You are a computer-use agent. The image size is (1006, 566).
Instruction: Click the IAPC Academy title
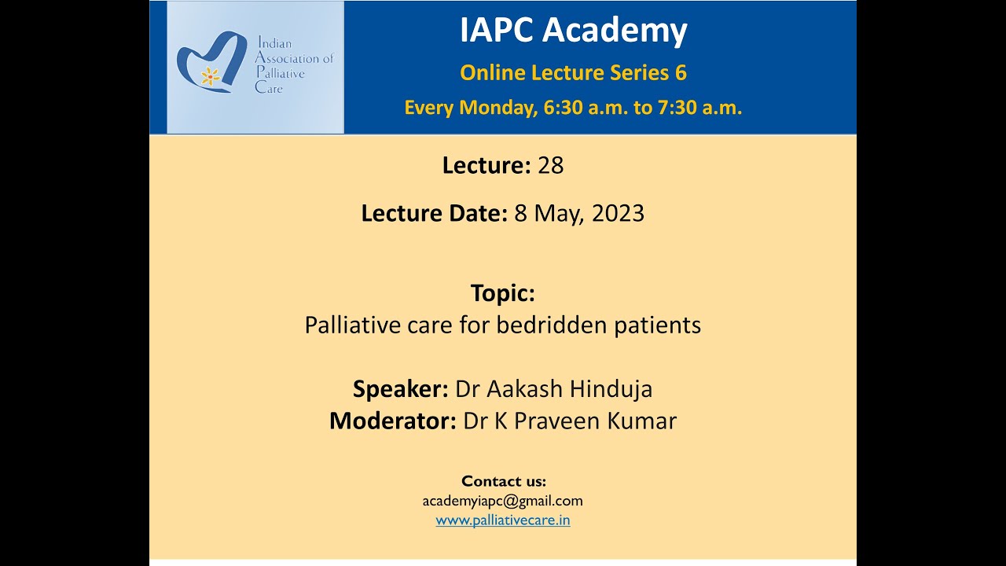[573, 31]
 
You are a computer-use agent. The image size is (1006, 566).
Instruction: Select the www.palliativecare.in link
[503, 520]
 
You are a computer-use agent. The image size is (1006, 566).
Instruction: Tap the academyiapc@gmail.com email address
[503, 501]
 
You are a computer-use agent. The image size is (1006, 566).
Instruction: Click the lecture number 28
[551, 166]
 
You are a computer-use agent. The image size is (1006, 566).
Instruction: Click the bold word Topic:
[503, 293]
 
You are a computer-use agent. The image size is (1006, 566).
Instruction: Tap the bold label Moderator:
[392, 421]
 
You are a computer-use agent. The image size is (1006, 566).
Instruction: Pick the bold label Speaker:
[400, 389]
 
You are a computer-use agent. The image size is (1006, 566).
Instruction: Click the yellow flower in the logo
[210, 76]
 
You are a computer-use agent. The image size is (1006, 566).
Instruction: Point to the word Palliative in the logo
[280, 73]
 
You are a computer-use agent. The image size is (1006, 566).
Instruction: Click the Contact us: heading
[503, 481]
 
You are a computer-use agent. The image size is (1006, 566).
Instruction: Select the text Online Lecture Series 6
[573, 73]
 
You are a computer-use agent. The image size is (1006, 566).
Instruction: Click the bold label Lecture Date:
[434, 214]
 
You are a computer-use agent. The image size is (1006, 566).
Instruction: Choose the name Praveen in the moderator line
[559, 421]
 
